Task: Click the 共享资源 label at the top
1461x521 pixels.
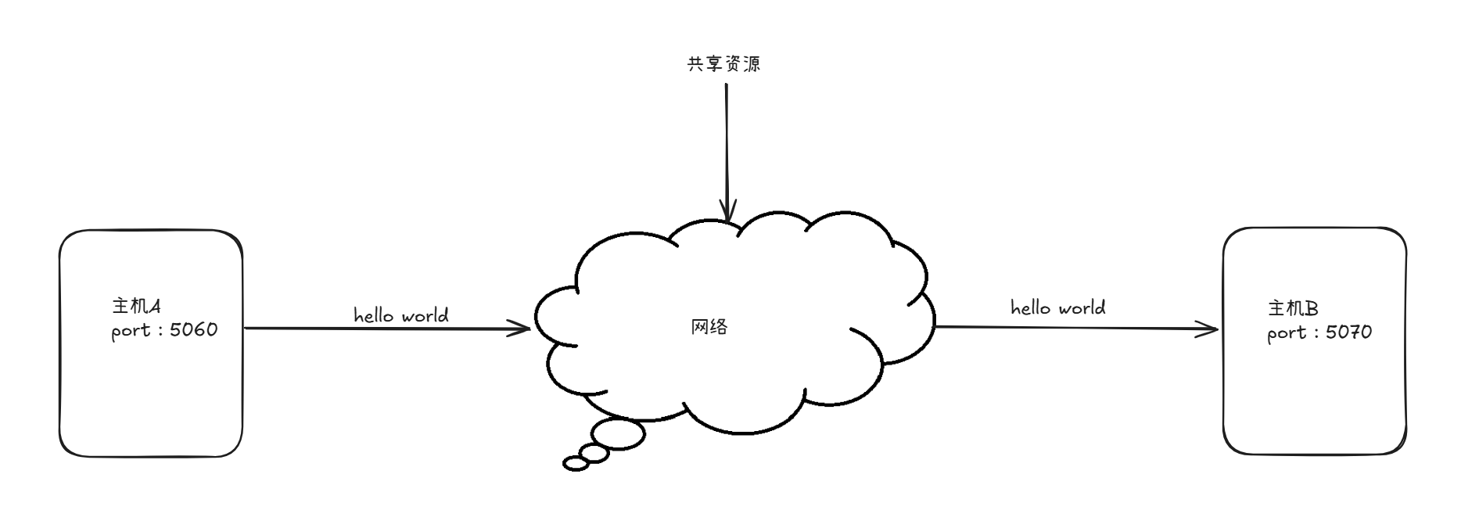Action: [x=723, y=64]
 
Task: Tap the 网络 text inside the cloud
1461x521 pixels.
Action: [x=709, y=327]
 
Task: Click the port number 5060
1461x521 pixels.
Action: [x=193, y=330]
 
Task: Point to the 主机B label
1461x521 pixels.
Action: [x=1293, y=308]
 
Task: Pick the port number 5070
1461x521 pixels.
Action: [x=1349, y=332]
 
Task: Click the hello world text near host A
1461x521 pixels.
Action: [x=401, y=315]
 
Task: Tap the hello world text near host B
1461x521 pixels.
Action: [x=1058, y=307]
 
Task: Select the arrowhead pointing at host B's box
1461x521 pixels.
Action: [x=1211, y=329]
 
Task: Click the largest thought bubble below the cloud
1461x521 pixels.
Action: [x=618, y=434]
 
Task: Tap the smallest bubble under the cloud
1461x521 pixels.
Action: [x=576, y=464]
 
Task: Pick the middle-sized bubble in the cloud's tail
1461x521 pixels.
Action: [x=594, y=453]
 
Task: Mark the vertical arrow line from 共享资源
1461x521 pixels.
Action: [x=727, y=141]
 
